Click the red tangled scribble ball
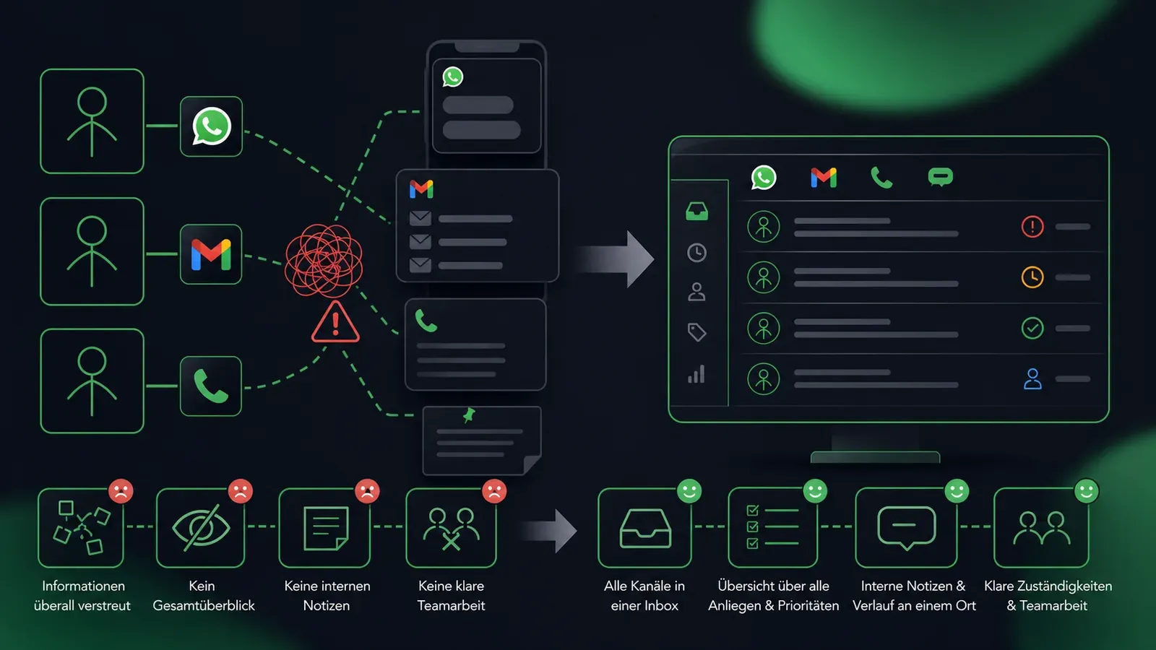pyautogui.click(x=324, y=261)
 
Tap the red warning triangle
pyautogui.click(x=335, y=322)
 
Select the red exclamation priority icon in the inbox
pyautogui.click(x=1032, y=227)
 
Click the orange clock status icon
pyautogui.click(x=1032, y=277)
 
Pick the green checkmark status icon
pyautogui.click(x=1032, y=328)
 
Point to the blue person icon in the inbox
pyautogui.click(x=1032, y=378)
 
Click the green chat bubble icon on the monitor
pyautogui.click(x=940, y=177)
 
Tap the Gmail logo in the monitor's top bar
pyautogui.click(x=824, y=178)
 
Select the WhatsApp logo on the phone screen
pyautogui.click(x=452, y=77)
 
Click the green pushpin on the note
pyautogui.click(x=469, y=415)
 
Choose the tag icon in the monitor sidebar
pyautogui.click(x=696, y=331)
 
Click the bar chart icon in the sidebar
pyautogui.click(x=696, y=374)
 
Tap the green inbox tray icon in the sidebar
pyautogui.click(x=696, y=212)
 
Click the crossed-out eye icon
pyautogui.click(x=201, y=527)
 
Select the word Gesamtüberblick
pyautogui.click(x=204, y=606)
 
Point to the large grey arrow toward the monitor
pyautogui.click(x=614, y=259)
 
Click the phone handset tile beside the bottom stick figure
pyautogui.click(x=210, y=386)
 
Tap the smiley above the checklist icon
pyautogui.click(x=816, y=490)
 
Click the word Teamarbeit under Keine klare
pyautogui.click(x=451, y=606)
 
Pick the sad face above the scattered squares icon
pyautogui.click(x=121, y=491)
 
